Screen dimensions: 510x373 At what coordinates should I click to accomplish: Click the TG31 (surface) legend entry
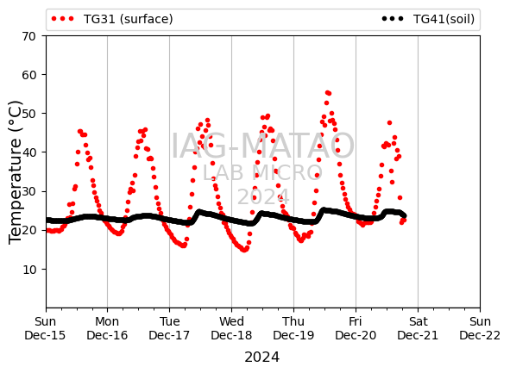112,19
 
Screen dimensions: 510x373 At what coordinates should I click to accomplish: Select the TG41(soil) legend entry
428,19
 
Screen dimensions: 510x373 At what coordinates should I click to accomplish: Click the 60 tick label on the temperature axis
29,75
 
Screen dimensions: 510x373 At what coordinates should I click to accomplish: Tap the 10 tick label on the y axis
29,269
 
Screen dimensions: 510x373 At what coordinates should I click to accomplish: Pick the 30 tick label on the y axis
29,191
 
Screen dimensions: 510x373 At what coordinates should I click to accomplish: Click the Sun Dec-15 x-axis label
45,328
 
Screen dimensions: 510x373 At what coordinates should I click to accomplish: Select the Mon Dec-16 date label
107,328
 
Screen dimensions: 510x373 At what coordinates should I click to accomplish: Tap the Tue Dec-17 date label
169,328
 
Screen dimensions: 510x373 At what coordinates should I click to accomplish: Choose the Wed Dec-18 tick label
231,328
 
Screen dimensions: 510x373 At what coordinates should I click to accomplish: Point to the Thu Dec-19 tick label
293,328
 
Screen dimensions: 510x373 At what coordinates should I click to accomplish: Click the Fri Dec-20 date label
356,328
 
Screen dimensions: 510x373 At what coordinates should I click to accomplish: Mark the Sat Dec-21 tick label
418,328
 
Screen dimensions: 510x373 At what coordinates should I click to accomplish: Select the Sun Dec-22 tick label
480,328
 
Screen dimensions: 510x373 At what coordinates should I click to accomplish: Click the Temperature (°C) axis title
15,172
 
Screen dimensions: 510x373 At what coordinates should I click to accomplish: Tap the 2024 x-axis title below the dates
262,357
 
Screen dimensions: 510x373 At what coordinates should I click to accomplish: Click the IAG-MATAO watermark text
263,146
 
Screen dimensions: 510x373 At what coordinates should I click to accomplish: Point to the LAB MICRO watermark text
262,172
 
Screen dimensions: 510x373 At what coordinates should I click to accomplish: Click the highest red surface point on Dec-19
328,93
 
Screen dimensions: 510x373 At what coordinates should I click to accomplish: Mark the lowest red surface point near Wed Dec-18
244,250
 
